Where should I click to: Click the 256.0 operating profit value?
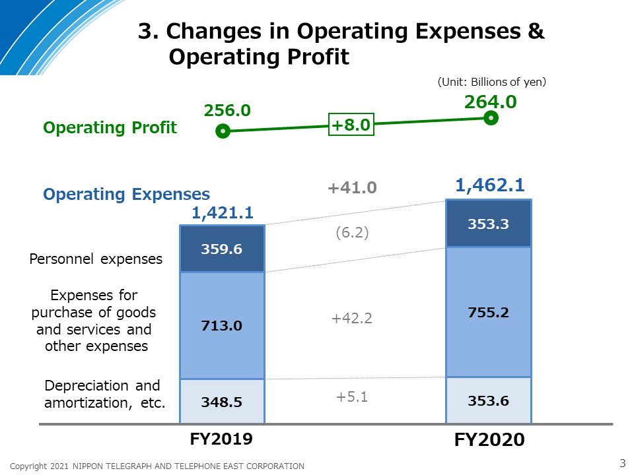click(x=227, y=110)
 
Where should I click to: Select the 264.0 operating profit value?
click(x=491, y=102)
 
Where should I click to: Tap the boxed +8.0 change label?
click(x=351, y=125)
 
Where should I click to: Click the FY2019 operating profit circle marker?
click(x=223, y=131)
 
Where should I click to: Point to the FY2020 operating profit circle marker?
click(x=491, y=118)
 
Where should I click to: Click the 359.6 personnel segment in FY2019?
click(x=223, y=249)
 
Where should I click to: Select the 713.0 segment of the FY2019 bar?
click(x=223, y=325)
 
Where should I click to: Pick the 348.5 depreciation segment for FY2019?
click(x=223, y=402)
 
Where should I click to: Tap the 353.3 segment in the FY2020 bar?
click(x=489, y=224)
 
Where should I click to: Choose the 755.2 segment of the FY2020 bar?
click(x=489, y=312)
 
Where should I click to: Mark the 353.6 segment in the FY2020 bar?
click(x=489, y=400)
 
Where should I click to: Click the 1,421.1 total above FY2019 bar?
click(x=223, y=213)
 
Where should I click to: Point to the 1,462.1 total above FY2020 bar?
click(x=490, y=185)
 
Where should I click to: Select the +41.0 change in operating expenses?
click(x=352, y=188)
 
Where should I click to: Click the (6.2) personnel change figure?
click(x=352, y=233)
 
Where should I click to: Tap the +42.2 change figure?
click(x=352, y=318)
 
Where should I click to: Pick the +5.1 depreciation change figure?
click(x=352, y=396)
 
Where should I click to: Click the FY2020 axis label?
click(x=489, y=439)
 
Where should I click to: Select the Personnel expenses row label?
click(x=96, y=259)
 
